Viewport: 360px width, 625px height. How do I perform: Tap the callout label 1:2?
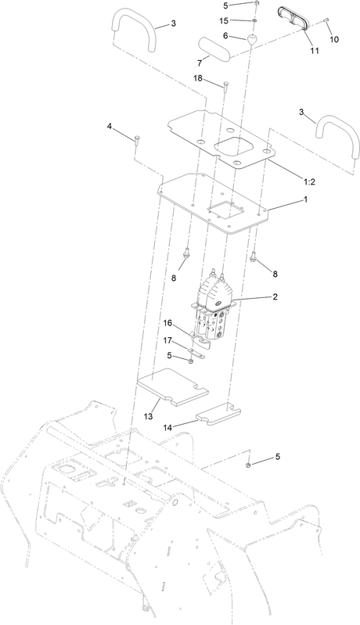309,181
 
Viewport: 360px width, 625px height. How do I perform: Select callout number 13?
148,416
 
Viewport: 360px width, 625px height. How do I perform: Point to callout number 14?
167,428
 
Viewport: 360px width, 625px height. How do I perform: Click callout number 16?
167,323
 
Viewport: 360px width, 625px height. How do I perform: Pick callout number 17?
167,340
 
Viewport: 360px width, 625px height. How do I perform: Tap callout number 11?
315,50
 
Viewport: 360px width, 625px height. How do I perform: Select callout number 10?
334,39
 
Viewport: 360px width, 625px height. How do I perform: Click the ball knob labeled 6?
251,39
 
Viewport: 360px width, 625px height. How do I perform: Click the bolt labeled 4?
137,140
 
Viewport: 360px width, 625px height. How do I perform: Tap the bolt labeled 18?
226,85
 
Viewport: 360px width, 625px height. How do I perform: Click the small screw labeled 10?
326,20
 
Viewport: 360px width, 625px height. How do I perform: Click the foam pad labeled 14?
219,413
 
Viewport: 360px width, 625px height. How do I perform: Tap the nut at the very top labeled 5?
256,4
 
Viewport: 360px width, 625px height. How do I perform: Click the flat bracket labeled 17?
197,352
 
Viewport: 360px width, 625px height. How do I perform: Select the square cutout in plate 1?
225,210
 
